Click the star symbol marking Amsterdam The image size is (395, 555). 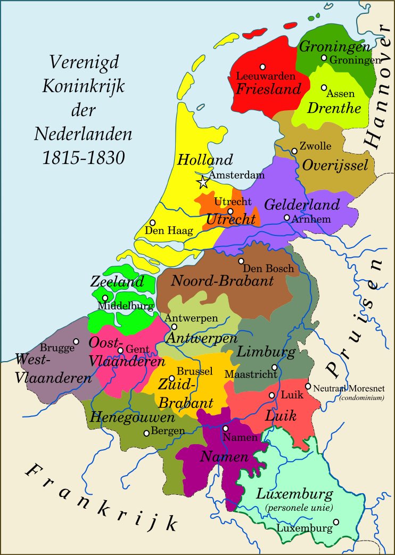(203, 182)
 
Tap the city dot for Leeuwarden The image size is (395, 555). (262, 67)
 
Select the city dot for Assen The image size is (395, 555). (324, 87)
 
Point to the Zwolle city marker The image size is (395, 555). (294, 151)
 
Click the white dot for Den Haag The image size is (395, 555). (153, 223)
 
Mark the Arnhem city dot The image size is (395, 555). (287, 217)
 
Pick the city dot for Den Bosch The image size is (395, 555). (241, 261)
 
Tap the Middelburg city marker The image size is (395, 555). (105, 298)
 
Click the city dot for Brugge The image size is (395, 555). (76, 341)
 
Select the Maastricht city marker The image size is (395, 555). (275, 367)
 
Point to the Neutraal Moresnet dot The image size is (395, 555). (308, 386)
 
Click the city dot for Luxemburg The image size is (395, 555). (336, 522)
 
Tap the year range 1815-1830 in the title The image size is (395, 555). (83, 158)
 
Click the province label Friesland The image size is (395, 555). (268, 88)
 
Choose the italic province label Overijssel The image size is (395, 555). (335, 165)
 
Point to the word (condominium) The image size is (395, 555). (361, 397)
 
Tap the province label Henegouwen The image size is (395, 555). (132, 417)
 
